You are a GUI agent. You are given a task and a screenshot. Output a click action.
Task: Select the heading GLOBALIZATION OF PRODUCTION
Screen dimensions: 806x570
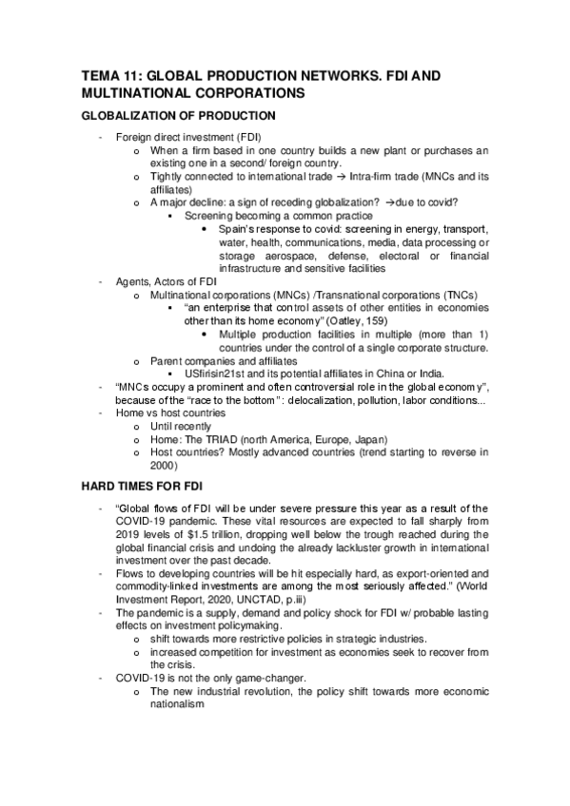177,116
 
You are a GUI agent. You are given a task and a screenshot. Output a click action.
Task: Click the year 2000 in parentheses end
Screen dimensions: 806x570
163,467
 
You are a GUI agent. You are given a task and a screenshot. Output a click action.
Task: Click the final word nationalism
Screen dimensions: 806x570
177,705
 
